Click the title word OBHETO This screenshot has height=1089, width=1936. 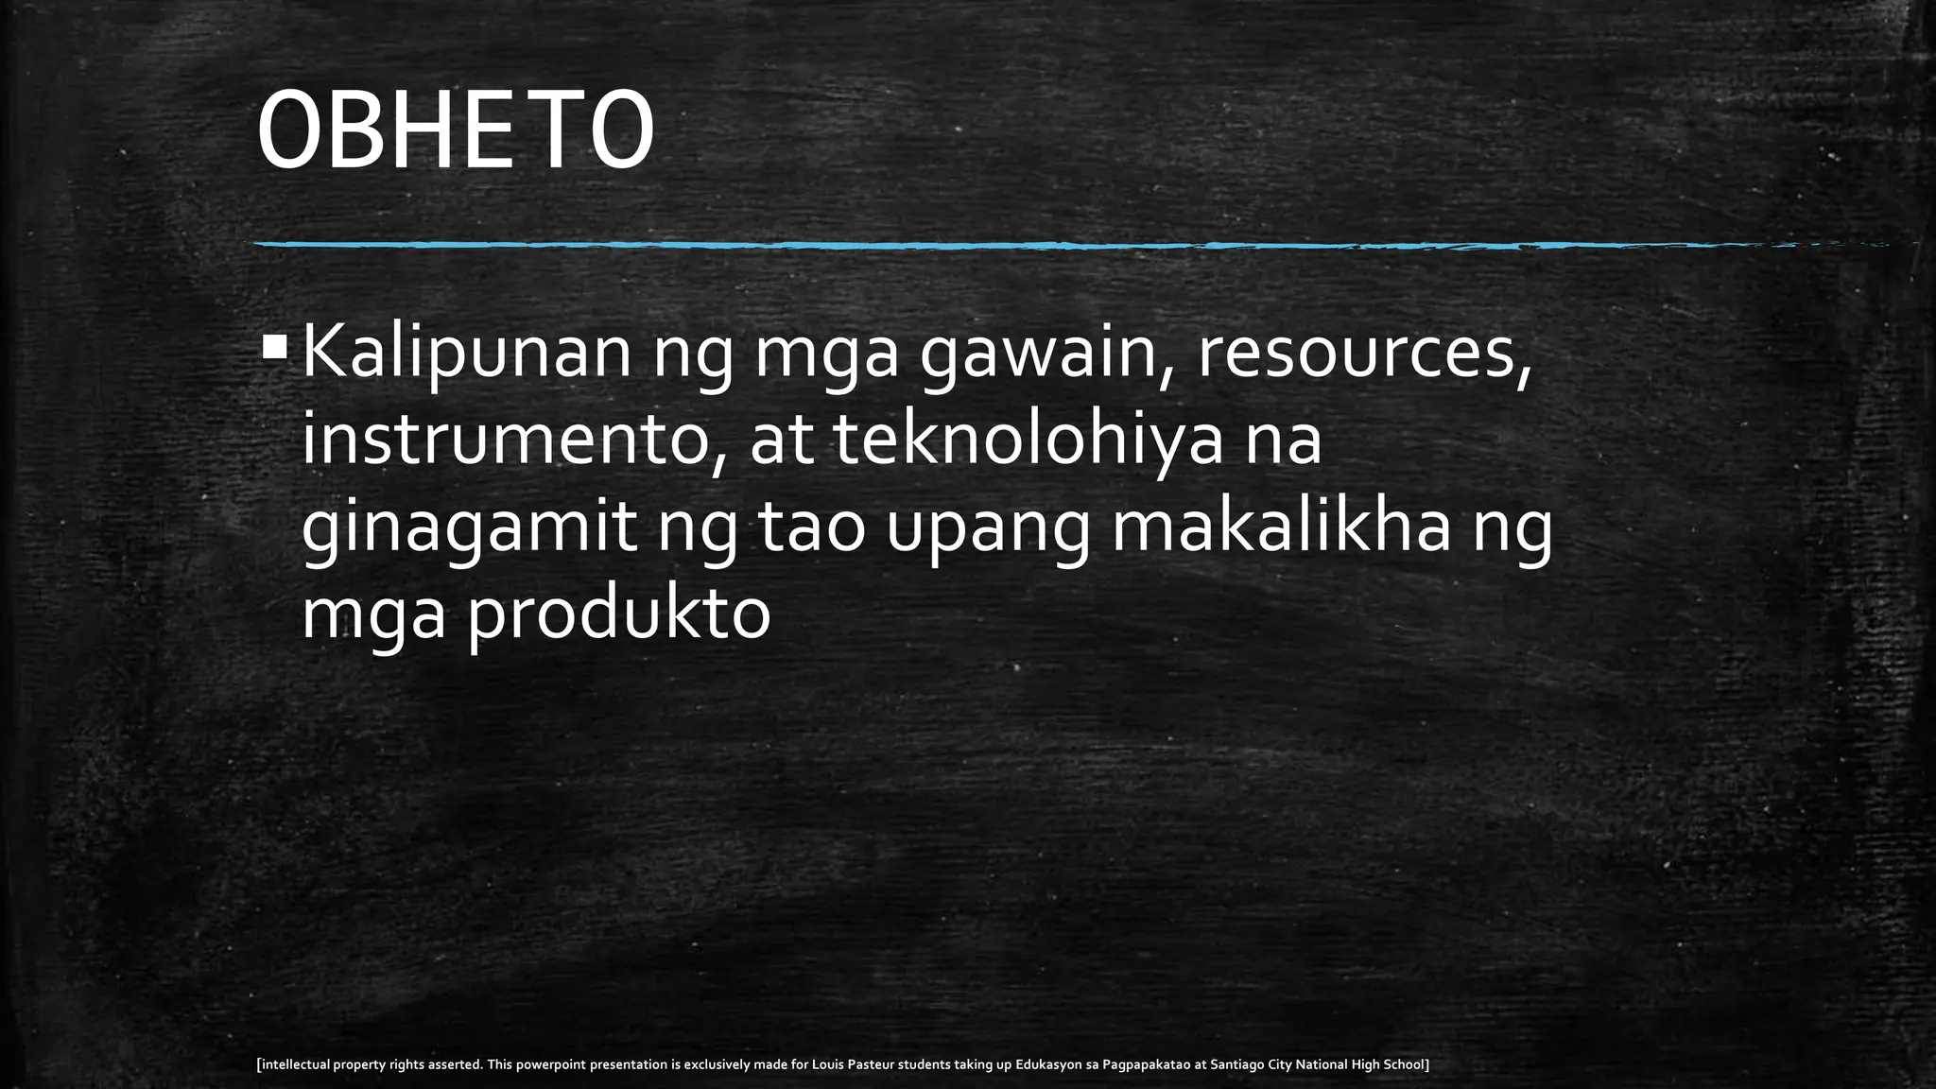coord(455,131)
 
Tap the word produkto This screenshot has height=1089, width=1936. coord(619,616)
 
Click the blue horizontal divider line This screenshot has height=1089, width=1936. coord(945,245)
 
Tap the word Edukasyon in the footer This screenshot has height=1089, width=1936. coord(1049,1064)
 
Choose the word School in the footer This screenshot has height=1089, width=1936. coord(1405,1064)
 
